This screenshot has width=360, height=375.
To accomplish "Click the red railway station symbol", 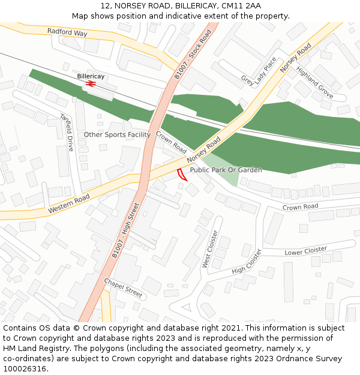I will pyautogui.click(x=91, y=84).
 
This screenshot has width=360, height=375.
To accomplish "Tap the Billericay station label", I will pyautogui.click(x=91, y=76).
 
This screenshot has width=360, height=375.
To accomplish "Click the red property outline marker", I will pyautogui.click(x=182, y=175).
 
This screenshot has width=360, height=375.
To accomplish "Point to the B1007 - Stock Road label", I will pyautogui.click(x=193, y=55).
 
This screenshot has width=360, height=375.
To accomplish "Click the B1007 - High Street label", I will pyautogui.click(x=125, y=231).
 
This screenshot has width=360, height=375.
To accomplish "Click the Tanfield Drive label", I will pyautogui.click(x=66, y=132).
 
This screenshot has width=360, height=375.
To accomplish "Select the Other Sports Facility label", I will pyautogui.click(x=117, y=134).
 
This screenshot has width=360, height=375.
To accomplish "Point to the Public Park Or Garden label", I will pyautogui.click(x=226, y=170).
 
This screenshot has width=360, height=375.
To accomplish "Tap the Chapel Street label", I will pyautogui.click(x=123, y=288).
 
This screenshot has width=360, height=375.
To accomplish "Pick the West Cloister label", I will pyautogui.click(x=210, y=249).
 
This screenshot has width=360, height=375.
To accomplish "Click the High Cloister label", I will pyautogui.click(x=247, y=262).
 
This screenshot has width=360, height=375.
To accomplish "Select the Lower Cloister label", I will pyautogui.click(x=305, y=250).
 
